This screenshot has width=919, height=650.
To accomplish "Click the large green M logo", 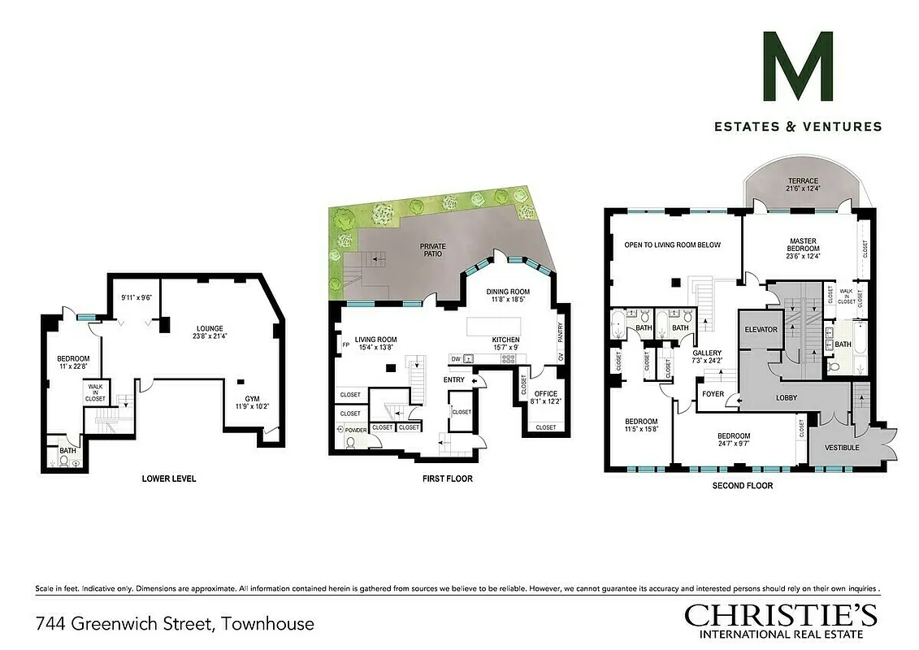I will (x=798, y=67).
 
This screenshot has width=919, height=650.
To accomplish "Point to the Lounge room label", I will (x=208, y=333).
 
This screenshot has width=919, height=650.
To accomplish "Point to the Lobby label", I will (x=786, y=397).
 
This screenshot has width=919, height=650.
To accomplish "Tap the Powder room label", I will (x=356, y=430).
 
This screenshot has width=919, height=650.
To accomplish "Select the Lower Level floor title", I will (x=168, y=479).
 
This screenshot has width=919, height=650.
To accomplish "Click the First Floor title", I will (x=447, y=479).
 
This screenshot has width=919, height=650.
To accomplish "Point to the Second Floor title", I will (x=742, y=485).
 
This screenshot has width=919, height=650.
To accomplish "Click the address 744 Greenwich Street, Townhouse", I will (x=175, y=624).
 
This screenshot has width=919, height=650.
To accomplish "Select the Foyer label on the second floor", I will (x=713, y=394).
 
